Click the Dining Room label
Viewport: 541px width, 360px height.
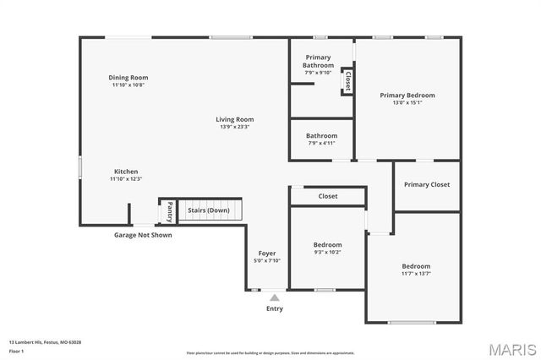point(128,78)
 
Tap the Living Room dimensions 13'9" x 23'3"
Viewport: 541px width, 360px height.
point(234,127)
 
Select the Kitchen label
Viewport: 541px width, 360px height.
point(126,172)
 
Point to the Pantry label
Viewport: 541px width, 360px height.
point(170,210)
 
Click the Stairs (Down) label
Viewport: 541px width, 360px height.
point(208,210)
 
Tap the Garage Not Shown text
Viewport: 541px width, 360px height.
point(143,235)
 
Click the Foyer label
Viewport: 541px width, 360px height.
point(266,254)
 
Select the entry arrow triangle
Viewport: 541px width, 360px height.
point(274,297)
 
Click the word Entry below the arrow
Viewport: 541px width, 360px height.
point(275,308)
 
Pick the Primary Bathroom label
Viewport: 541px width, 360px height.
point(319,61)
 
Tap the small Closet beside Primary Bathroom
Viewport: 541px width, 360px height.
point(347,80)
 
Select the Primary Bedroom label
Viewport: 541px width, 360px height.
point(407,95)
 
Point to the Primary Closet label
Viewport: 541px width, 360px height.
point(427,184)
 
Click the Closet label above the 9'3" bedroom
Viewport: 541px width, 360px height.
point(328,196)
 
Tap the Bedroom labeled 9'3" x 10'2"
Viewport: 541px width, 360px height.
point(328,245)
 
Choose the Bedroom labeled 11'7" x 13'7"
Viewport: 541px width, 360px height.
point(415,266)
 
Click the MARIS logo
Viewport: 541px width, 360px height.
point(508,347)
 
